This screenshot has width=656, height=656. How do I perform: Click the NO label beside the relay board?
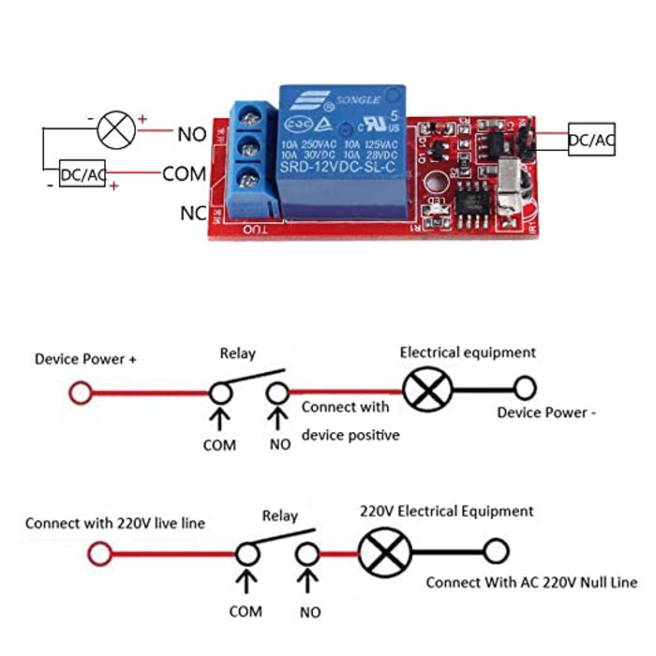coord(191,133)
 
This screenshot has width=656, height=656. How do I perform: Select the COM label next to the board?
coord(184,173)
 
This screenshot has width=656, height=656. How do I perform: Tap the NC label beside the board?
coord(193,214)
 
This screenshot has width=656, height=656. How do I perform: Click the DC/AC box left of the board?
coord(82,173)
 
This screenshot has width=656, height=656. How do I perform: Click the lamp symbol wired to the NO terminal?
coord(117,129)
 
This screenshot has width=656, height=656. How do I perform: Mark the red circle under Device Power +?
coord(81,393)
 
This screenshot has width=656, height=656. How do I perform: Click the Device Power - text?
coord(546,412)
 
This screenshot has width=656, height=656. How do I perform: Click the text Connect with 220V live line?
coord(114,522)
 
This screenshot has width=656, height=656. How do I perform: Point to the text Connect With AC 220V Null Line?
coord(531,582)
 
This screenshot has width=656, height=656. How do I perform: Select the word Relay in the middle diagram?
coord(237,353)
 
